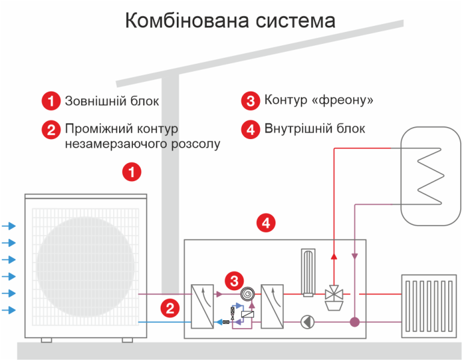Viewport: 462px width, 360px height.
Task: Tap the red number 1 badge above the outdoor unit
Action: pyautogui.click(x=132, y=173)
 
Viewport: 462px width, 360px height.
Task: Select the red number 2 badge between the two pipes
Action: pyautogui.click(x=170, y=309)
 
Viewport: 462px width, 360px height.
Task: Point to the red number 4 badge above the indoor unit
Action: pyautogui.click(x=266, y=223)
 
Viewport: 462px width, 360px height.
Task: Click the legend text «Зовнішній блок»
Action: pyautogui.click(x=112, y=101)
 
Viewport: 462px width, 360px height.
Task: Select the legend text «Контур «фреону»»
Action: pyautogui.click(x=319, y=100)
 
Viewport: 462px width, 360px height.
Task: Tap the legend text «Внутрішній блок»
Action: pyautogui.click(x=315, y=129)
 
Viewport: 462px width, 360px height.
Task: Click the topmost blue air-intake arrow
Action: pyautogui.click(x=9, y=226)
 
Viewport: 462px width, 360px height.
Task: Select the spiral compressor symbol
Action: pyautogui.click(x=247, y=294)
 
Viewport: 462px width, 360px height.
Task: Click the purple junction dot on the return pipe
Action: pyautogui.click(x=355, y=322)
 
